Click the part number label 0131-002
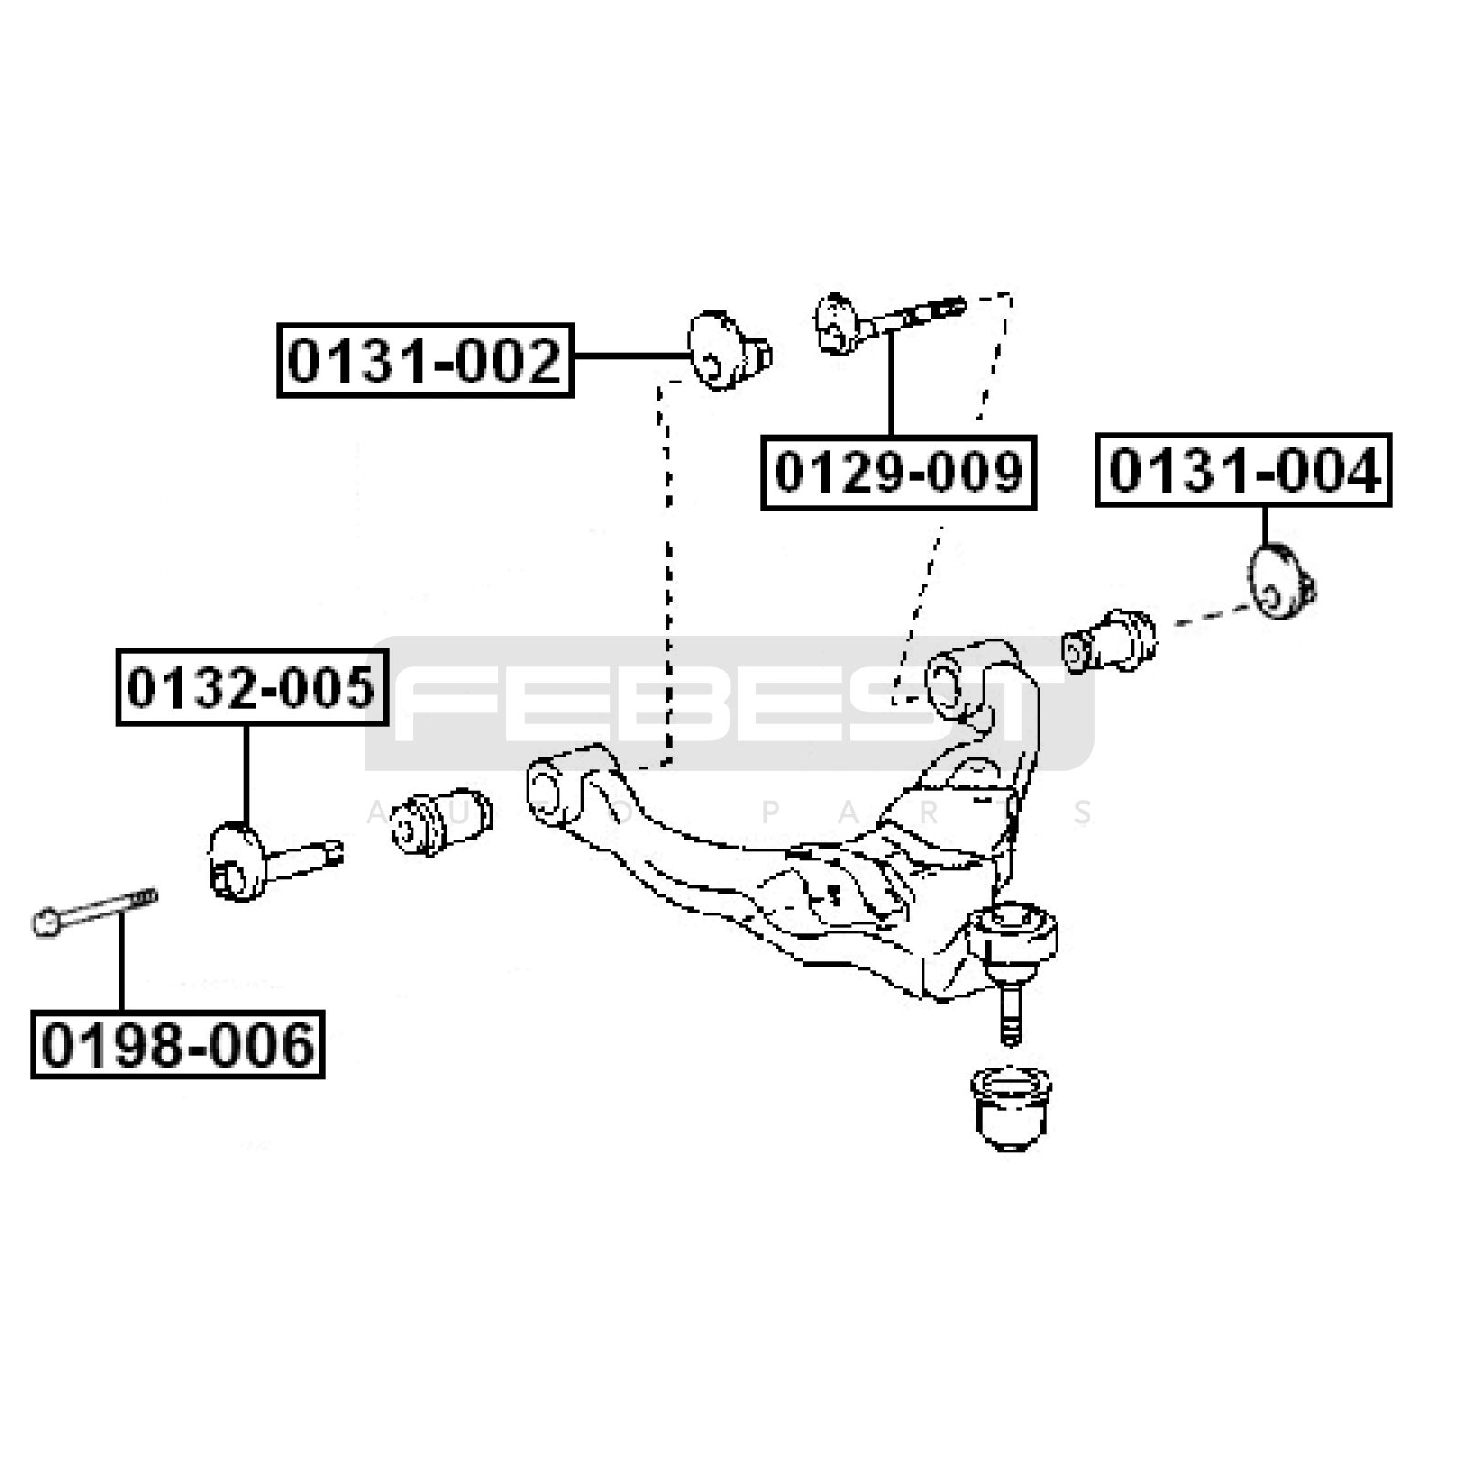425,360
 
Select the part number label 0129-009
899,473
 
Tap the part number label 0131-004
1244,471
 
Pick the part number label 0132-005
252,687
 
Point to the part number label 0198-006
178,1045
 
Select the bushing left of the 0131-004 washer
1110,641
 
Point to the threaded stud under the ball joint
1009,1013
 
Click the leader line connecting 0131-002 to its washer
630,356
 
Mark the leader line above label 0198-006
120,962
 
